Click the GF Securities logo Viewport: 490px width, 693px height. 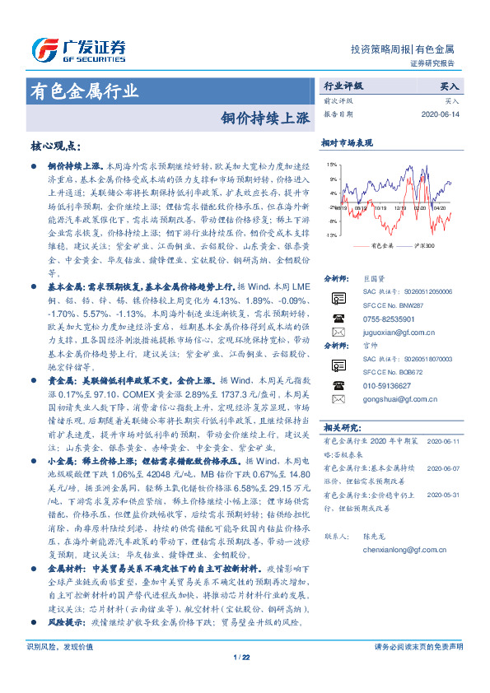(78, 51)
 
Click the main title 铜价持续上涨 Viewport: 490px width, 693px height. (265, 117)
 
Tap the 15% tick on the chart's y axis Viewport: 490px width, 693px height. (332, 164)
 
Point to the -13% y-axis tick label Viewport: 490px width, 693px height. (331, 236)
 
